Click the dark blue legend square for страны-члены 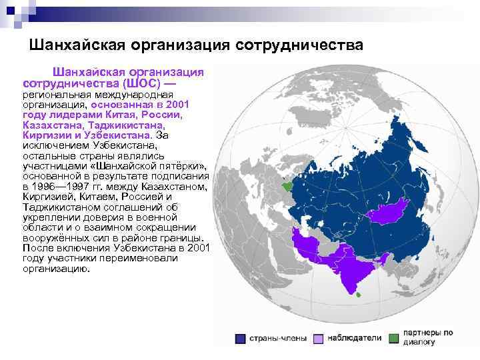(x=239, y=339)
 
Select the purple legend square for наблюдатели (x=318, y=339)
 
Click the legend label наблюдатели (x=354, y=339)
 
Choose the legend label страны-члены (x=278, y=339)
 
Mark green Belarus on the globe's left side (x=288, y=188)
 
